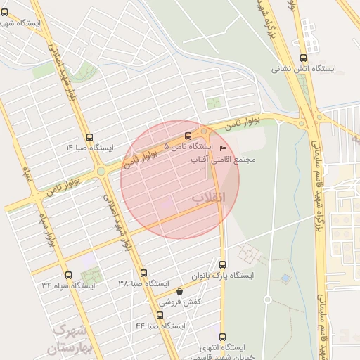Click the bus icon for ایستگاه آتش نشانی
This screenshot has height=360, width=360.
(303, 58)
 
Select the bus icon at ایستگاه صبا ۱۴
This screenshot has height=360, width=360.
(89, 138)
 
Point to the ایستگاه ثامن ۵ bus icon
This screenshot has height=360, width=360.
(188, 136)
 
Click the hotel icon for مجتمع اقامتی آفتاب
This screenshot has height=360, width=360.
(224, 149)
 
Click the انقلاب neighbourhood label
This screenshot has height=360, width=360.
(210, 198)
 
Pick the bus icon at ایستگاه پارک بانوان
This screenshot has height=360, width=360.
(223, 265)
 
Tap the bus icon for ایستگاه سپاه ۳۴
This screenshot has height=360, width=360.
(68, 275)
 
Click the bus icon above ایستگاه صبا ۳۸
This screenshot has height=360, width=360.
(143, 273)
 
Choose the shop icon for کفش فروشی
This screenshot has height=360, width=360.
(179, 291)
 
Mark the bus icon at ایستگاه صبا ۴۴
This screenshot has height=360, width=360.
(160, 315)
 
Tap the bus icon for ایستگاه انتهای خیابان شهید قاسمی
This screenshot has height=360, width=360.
(223, 337)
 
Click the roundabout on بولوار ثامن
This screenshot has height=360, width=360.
(101, 170)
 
